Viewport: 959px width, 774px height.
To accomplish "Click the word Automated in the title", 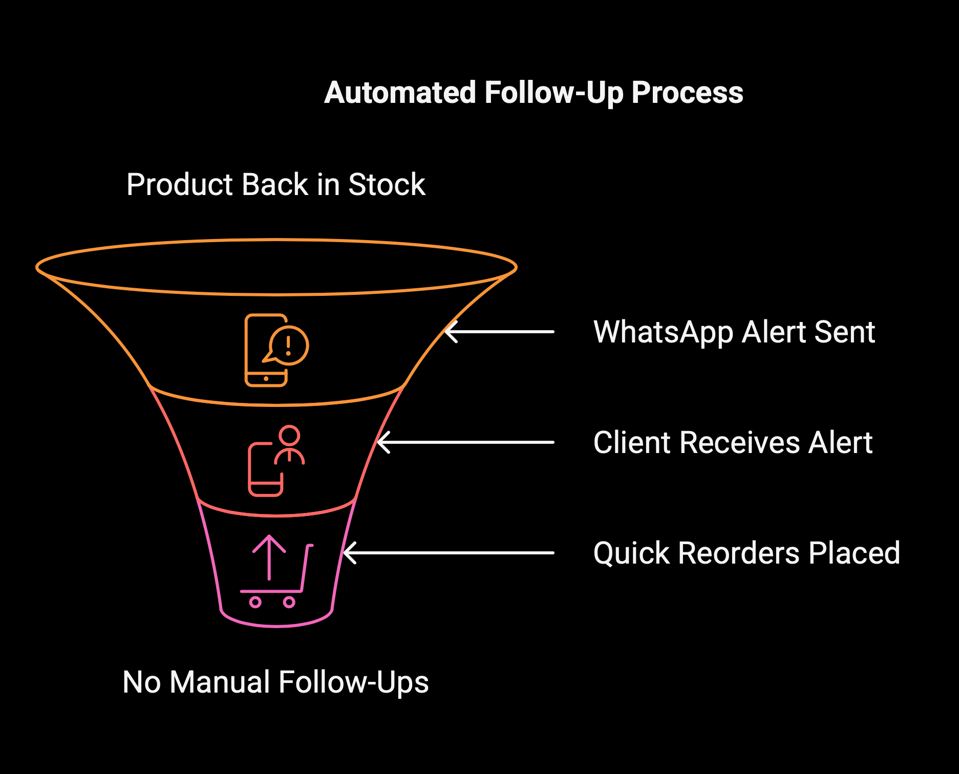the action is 400,93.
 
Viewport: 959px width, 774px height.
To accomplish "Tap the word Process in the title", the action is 687,93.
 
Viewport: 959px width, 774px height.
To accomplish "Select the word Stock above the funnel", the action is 387,184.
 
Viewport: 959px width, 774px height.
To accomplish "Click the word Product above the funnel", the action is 182,184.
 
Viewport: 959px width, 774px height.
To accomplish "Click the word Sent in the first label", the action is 845,332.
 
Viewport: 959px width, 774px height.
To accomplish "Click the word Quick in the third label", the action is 631,553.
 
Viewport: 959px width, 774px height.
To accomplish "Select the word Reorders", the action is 739,553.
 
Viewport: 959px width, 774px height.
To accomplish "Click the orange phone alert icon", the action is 276,350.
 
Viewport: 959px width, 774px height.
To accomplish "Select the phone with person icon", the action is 276,461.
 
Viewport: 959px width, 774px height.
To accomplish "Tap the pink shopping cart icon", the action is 276,571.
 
